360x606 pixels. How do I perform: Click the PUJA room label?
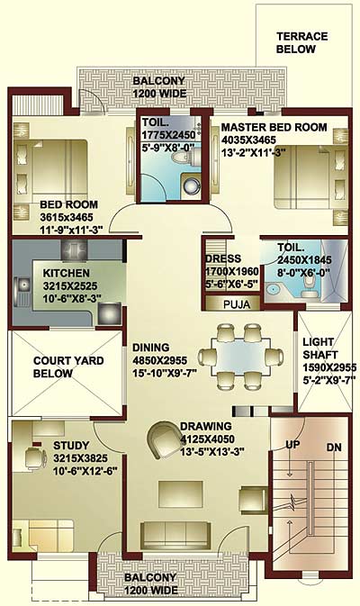click(237, 304)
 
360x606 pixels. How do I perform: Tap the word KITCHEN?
click(67, 273)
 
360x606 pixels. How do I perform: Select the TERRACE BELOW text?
click(302, 42)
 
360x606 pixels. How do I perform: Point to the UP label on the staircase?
click(292, 445)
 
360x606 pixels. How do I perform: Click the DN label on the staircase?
click(334, 448)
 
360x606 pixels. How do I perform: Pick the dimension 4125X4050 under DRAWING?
click(207, 439)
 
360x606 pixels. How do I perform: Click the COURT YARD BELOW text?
click(68, 366)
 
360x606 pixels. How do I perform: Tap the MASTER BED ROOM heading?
click(274, 127)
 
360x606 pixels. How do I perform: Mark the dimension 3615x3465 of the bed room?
click(67, 217)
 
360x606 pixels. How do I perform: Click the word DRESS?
click(223, 258)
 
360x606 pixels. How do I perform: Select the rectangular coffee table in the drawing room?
click(181, 494)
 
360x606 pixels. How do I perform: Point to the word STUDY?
click(71, 446)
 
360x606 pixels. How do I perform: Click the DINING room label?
click(150, 348)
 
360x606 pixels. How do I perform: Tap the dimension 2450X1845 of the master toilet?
click(304, 260)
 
